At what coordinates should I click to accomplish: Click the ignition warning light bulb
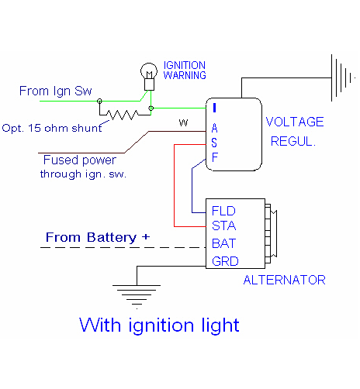(149, 77)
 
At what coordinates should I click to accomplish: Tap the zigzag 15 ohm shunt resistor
(123, 115)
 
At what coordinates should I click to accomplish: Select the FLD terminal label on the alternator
(223, 211)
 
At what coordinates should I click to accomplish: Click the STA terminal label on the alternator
(224, 225)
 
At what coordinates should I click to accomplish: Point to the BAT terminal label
(224, 243)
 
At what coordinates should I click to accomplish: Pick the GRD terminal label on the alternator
(225, 261)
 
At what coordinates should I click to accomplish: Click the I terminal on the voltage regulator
(214, 108)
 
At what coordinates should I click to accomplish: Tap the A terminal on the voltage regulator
(214, 128)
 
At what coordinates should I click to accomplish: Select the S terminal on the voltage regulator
(214, 143)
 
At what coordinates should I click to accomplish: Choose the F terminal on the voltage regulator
(215, 157)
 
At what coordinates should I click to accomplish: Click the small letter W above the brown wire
(183, 122)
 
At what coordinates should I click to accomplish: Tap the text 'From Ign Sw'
(56, 91)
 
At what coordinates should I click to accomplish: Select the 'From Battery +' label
(98, 237)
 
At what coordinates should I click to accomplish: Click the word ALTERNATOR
(284, 280)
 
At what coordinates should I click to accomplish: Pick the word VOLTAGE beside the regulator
(295, 122)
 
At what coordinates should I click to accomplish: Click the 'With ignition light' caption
(159, 325)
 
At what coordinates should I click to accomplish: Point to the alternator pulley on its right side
(271, 233)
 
